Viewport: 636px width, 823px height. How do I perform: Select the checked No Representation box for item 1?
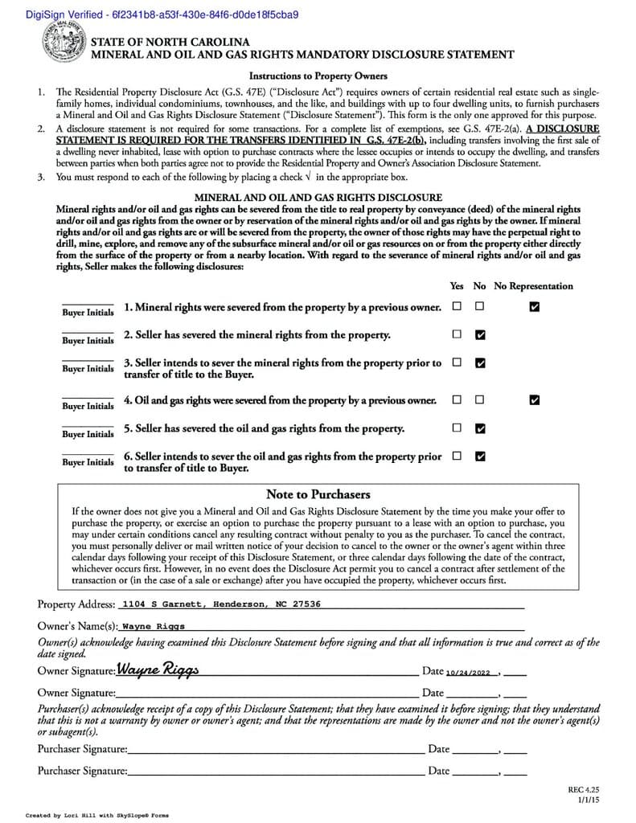(x=535, y=306)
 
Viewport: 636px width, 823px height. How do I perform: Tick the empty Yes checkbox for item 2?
(x=457, y=334)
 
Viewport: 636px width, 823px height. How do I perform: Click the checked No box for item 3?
(x=480, y=362)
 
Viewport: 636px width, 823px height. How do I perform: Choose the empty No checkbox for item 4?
(x=480, y=399)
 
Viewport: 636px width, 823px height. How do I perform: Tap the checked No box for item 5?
(x=480, y=428)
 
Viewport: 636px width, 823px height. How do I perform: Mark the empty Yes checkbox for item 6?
(x=457, y=456)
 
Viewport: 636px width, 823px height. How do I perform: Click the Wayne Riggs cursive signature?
(x=158, y=669)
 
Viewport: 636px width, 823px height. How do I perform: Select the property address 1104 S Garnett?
(x=220, y=604)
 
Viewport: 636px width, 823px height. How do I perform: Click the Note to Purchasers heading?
(x=318, y=494)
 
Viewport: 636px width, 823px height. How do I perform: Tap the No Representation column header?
(x=533, y=286)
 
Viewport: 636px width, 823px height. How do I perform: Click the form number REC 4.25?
(x=584, y=790)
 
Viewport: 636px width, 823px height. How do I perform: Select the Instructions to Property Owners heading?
(x=318, y=76)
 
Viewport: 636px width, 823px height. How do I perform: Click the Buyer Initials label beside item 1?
(x=88, y=313)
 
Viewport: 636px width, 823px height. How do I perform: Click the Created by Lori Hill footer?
(x=96, y=815)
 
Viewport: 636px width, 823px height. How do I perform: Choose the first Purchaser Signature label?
(x=82, y=749)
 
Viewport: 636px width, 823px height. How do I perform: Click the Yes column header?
(x=457, y=286)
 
